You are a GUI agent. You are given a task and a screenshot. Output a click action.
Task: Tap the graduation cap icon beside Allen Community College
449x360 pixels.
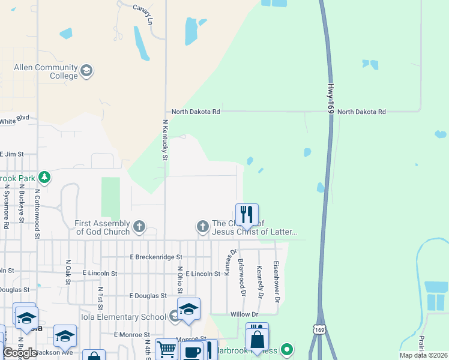click(87, 71)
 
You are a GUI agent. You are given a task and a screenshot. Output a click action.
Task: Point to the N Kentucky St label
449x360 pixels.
click(165, 139)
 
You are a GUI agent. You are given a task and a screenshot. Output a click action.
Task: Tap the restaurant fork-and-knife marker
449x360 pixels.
click(246, 214)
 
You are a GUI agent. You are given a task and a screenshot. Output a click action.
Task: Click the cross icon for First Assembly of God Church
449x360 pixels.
click(139, 227)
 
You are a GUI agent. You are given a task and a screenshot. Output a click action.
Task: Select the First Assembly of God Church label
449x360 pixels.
click(102, 227)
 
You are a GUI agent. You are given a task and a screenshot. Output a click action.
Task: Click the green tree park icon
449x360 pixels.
click(44, 177)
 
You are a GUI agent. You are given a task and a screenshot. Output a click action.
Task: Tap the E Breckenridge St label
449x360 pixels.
click(156, 257)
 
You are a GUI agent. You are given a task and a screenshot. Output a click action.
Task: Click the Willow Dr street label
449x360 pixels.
click(244, 314)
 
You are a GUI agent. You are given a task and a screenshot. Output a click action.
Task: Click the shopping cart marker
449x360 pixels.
click(166, 349)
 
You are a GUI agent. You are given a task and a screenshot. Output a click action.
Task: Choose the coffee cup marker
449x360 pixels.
click(192, 352)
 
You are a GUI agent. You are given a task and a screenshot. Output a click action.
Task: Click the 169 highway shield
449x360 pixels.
click(318, 330)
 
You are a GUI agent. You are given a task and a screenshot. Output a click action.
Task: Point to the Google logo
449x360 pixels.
click(20, 353)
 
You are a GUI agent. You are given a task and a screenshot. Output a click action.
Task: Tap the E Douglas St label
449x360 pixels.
click(148, 296)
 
